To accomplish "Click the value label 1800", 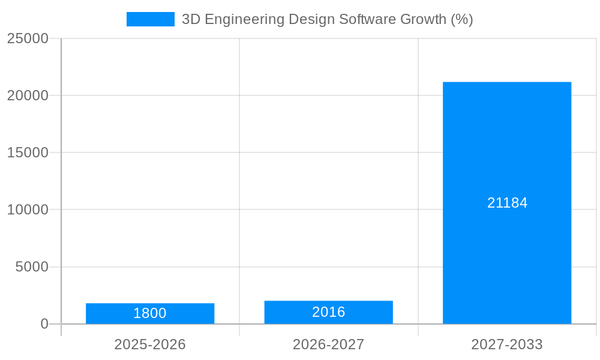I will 150,313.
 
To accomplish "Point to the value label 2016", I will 328,312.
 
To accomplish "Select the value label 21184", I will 507,203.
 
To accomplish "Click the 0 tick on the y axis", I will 44,324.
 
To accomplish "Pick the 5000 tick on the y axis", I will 32,267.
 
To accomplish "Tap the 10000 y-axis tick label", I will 28,210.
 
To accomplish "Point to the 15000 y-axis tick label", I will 28,152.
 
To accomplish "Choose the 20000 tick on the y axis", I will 28,95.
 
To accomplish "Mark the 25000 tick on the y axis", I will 28,38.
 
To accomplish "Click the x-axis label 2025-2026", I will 150,344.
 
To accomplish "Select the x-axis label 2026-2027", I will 328,344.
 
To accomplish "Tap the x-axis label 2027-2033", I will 507,344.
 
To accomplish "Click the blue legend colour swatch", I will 150,19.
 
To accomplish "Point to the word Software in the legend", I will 366,19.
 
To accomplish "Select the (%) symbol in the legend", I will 461,19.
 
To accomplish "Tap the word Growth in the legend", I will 422,19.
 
